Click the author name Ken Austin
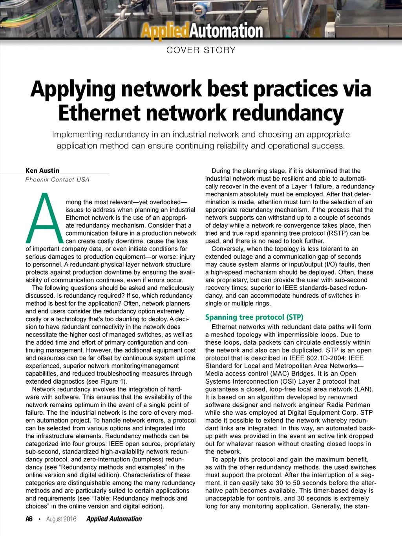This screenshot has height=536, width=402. click(x=42, y=170)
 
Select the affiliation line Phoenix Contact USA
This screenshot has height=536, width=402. click(x=57, y=179)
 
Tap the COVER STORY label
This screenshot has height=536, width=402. click(x=201, y=50)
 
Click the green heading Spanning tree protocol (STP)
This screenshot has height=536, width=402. click(x=254, y=317)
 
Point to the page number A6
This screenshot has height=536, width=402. click(x=29, y=519)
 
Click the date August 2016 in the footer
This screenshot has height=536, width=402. click(x=61, y=519)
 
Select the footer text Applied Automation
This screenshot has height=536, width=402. click(x=114, y=519)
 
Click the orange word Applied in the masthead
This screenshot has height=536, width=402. click(x=164, y=31)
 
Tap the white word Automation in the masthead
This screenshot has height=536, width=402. click(x=226, y=31)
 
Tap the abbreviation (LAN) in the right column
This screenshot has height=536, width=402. click(x=363, y=389)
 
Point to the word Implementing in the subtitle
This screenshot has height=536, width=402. click(x=77, y=134)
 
